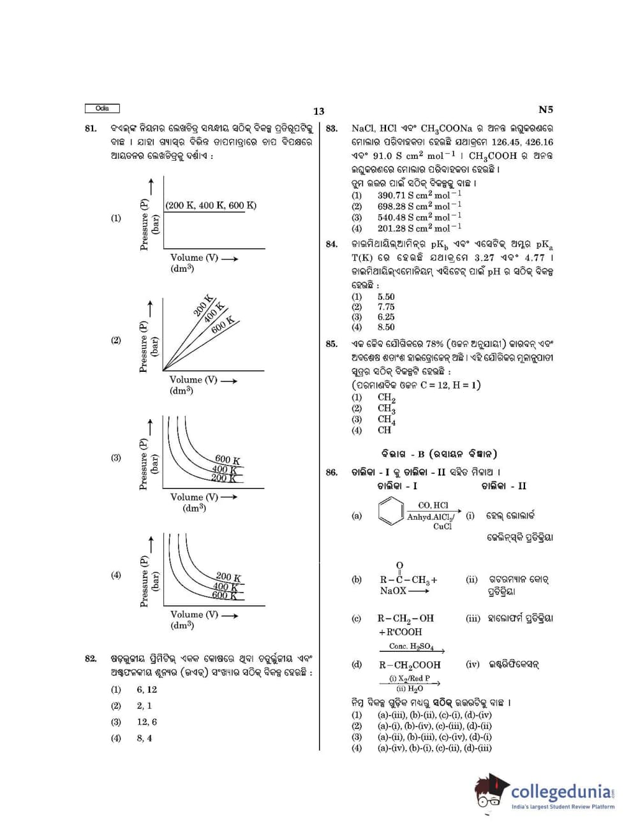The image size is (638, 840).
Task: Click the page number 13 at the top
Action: [x=319, y=111]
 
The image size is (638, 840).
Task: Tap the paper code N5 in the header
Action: [x=545, y=110]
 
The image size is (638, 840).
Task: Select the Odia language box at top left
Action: [x=102, y=108]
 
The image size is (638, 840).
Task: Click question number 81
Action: [x=91, y=128]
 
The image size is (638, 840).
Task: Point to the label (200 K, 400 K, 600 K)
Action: [x=211, y=205]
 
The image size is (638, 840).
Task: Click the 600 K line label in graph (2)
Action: [x=223, y=325]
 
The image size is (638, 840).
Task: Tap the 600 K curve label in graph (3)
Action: [x=228, y=459]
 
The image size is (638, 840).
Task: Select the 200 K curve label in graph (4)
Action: [x=228, y=577]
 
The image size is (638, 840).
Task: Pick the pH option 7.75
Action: [x=386, y=307]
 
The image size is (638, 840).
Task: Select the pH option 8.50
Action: [x=386, y=327]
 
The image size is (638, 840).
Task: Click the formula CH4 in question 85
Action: [x=386, y=420]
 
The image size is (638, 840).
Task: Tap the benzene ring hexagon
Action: [x=390, y=511]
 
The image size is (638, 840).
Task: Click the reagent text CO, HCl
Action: [x=433, y=505]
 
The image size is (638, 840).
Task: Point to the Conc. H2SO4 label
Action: [x=412, y=646]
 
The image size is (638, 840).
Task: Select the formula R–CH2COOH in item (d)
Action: [x=410, y=665]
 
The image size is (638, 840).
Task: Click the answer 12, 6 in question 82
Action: [x=147, y=722]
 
